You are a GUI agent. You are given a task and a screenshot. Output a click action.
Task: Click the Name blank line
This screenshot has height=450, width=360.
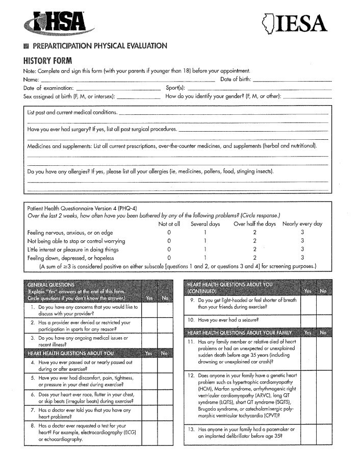pyautogui.click(x=127, y=81)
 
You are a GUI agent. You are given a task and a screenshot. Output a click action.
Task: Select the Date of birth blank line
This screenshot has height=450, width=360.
pyautogui.click(x=292, y=81)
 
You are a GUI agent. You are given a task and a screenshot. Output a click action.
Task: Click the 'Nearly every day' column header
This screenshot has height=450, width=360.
pyautogui.click(x=302, y=224)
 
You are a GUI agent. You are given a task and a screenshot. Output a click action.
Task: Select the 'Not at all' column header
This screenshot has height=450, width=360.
pyautogui.click(x=169, y=224)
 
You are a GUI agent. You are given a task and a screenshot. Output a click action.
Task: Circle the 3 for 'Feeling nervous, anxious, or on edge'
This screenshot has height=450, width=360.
pyautogui.click(x=302, y=233)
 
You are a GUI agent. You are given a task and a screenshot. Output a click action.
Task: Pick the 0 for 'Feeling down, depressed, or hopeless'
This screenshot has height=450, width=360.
pyautogui.click(x=169, y=258)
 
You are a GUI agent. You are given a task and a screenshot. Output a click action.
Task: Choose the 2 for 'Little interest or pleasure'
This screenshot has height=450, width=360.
pyautogui.click(x=254, y=249)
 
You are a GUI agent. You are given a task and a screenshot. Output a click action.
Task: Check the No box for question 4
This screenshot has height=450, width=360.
pyautogui.click(x=165, y=365)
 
